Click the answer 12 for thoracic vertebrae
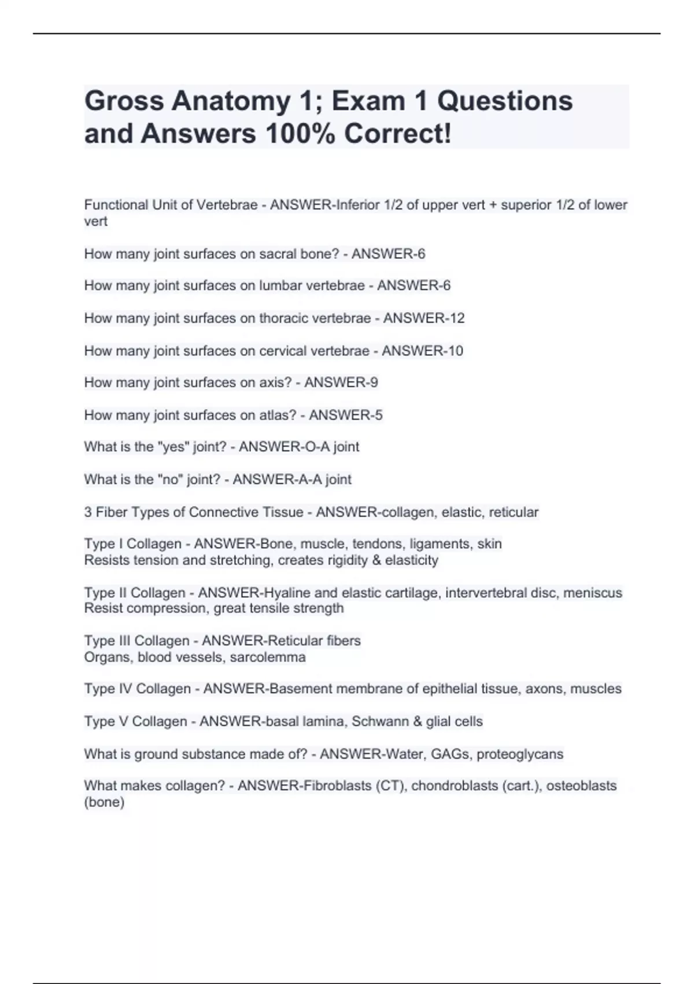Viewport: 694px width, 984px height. [x=457, y=318]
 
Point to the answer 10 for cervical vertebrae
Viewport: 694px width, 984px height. [x=455, y=351]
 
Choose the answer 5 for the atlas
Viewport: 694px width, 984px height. [x=378, y=415]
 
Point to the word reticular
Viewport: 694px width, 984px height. [x=514, y=512]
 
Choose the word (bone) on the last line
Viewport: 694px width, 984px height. [x=104, y=802]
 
